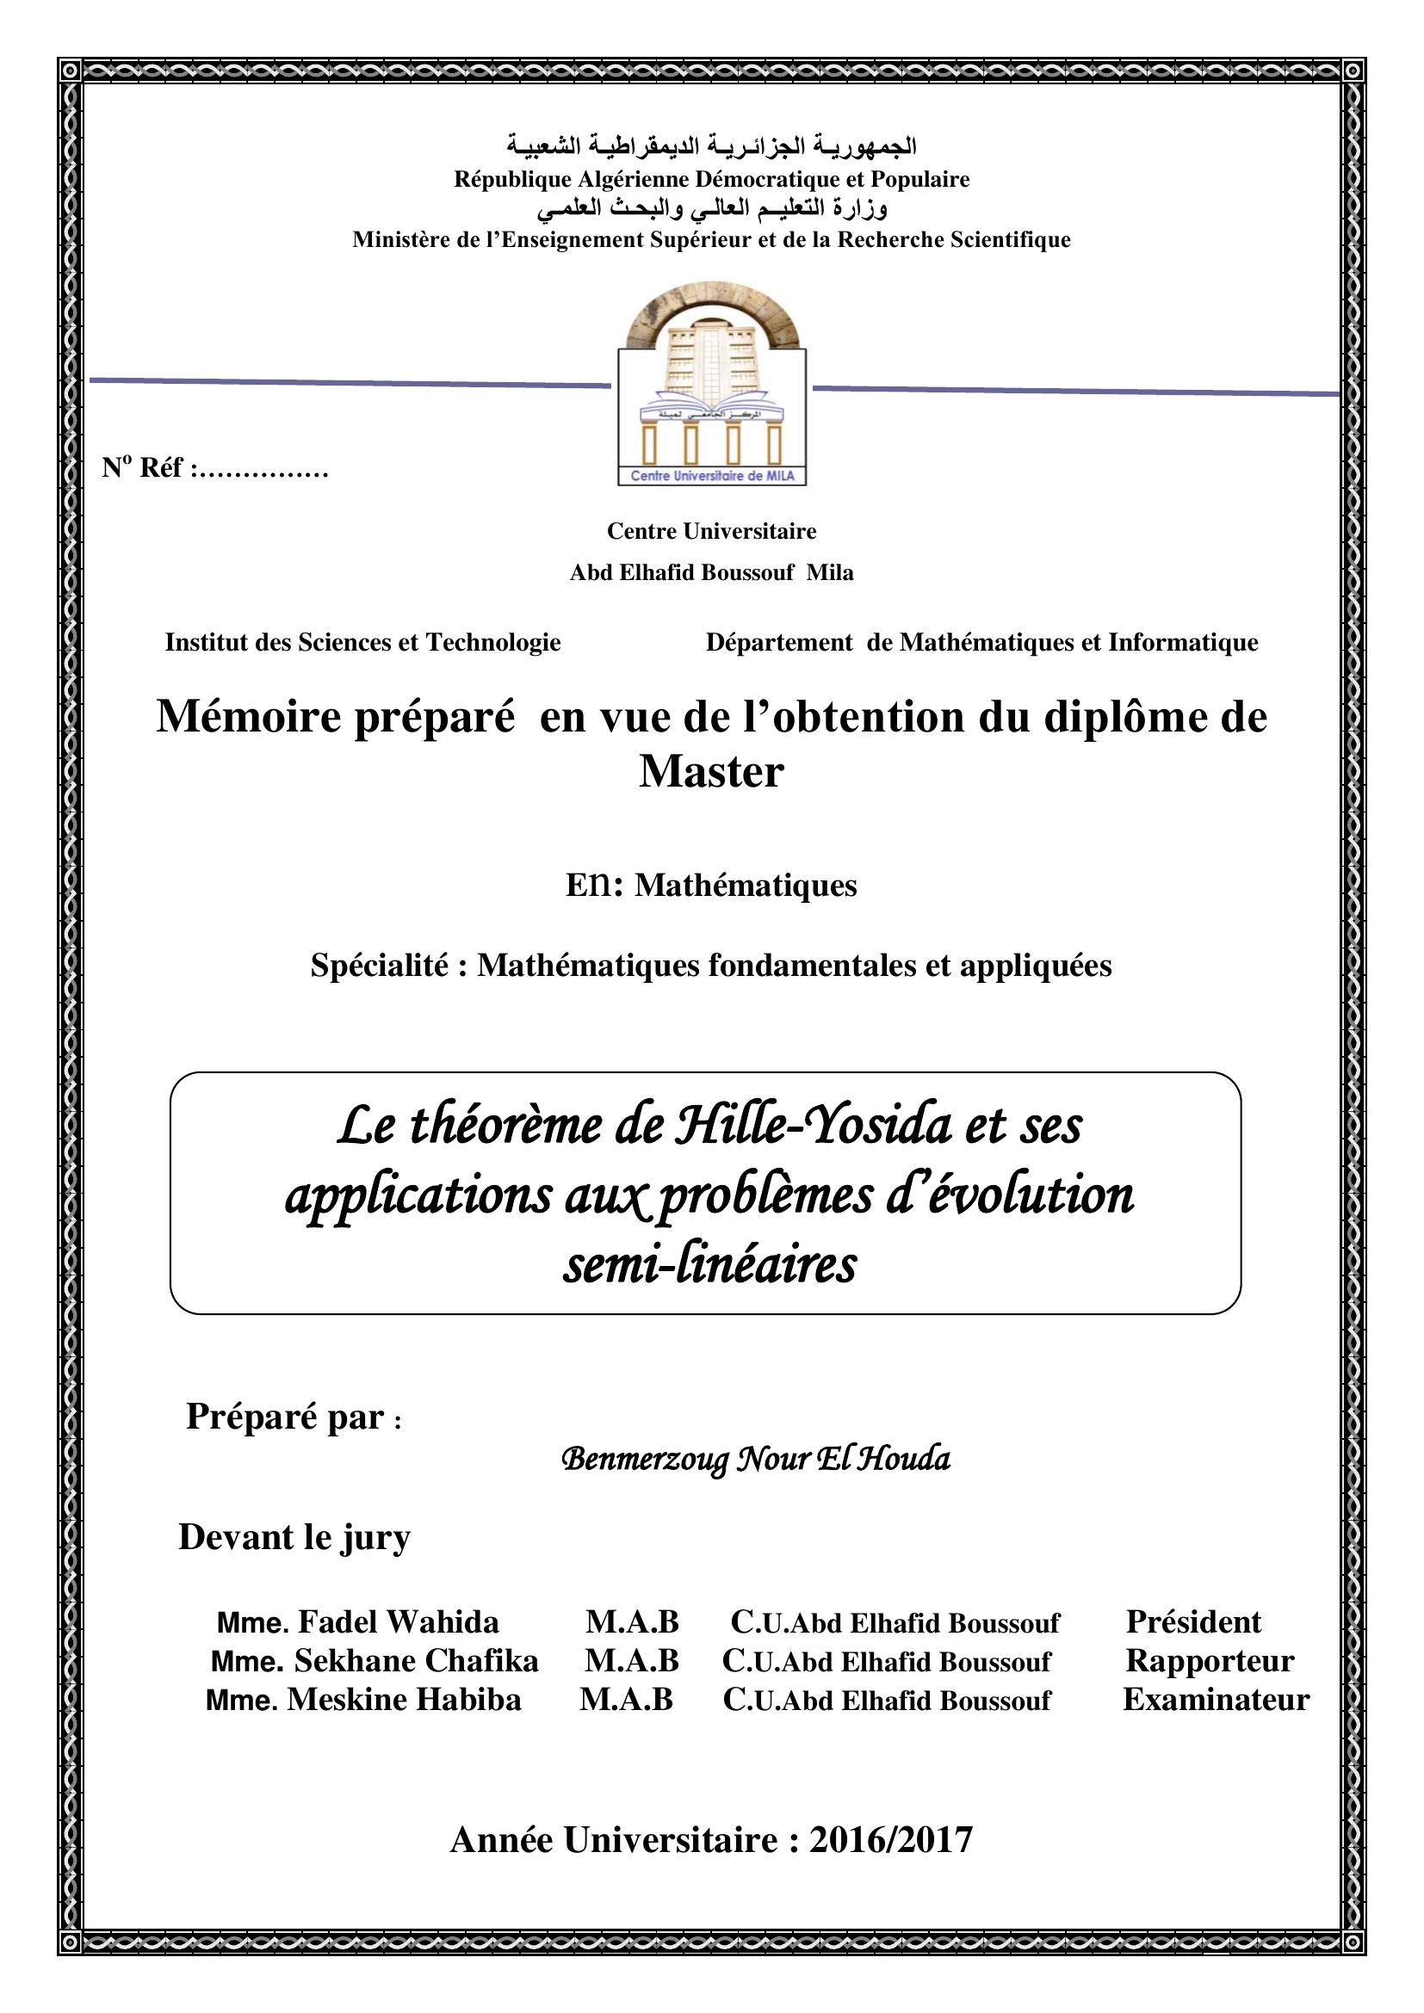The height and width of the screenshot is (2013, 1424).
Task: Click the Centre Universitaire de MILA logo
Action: tap(711, 386)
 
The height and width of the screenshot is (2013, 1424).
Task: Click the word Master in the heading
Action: tap(710, 772)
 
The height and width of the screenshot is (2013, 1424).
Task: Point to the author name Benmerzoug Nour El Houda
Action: tap(755, 1459)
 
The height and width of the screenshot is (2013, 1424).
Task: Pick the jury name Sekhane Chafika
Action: tap(416, 1660)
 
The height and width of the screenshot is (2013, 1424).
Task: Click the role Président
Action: tap(1192, 1622)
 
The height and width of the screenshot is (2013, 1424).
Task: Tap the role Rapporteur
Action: tap(1209, 1660)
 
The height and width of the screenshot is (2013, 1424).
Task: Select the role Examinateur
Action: tap(1216, 1699)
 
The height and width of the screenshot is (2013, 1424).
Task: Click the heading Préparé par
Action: tap(285, 1417)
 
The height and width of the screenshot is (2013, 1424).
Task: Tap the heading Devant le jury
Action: tap(294, 1538)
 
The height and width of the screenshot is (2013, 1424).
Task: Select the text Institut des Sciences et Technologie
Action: tap(362, 643)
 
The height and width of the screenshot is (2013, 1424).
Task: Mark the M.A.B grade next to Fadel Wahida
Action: tap(632, 1623)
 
